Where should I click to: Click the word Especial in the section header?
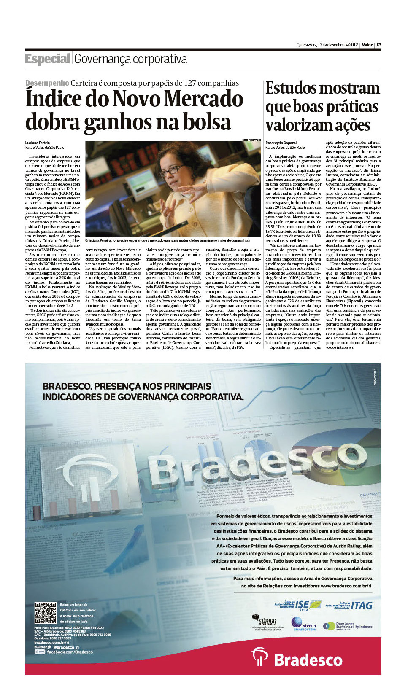47,59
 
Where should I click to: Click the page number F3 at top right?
379,45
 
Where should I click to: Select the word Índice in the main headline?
52,99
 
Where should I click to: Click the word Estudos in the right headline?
294,89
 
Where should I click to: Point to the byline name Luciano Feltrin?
38,143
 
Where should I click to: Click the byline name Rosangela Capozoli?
281,143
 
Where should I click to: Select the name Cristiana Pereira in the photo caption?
98,240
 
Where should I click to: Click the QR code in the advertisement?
46,613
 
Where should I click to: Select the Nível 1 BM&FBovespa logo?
303,625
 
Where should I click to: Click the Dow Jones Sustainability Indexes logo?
348,626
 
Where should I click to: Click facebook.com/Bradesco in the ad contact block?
69,652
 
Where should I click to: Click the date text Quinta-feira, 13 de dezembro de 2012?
327,45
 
